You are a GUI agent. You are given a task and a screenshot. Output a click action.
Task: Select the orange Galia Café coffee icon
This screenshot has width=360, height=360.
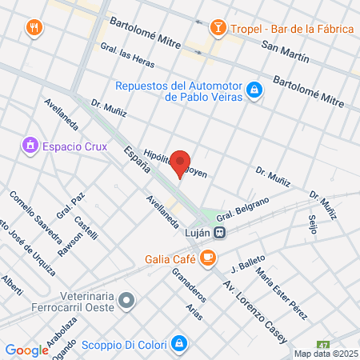tap(208, 258)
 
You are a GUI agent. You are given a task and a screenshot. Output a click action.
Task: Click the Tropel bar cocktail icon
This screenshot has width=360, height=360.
tap(217, 29)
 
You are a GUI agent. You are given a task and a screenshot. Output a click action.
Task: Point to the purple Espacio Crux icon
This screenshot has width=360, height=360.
tap(30, 146)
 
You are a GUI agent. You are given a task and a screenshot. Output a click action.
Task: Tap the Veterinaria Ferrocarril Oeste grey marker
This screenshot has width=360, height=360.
tap(126, 302)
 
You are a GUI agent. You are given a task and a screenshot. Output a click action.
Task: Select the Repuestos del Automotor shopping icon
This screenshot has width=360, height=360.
tap(254, 90)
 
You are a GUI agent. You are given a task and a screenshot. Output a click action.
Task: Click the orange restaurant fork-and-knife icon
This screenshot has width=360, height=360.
tap(33, 26)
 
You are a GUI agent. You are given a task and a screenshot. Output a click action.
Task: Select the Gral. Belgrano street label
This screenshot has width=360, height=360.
tap(241, 208)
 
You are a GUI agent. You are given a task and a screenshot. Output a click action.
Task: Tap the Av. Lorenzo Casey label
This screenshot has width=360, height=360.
tap(254, 312)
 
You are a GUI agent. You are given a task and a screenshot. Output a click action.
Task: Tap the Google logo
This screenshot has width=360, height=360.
tap(27, 350)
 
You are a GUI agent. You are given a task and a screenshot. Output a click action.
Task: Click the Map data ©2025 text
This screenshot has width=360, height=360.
tap(325, 354)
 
